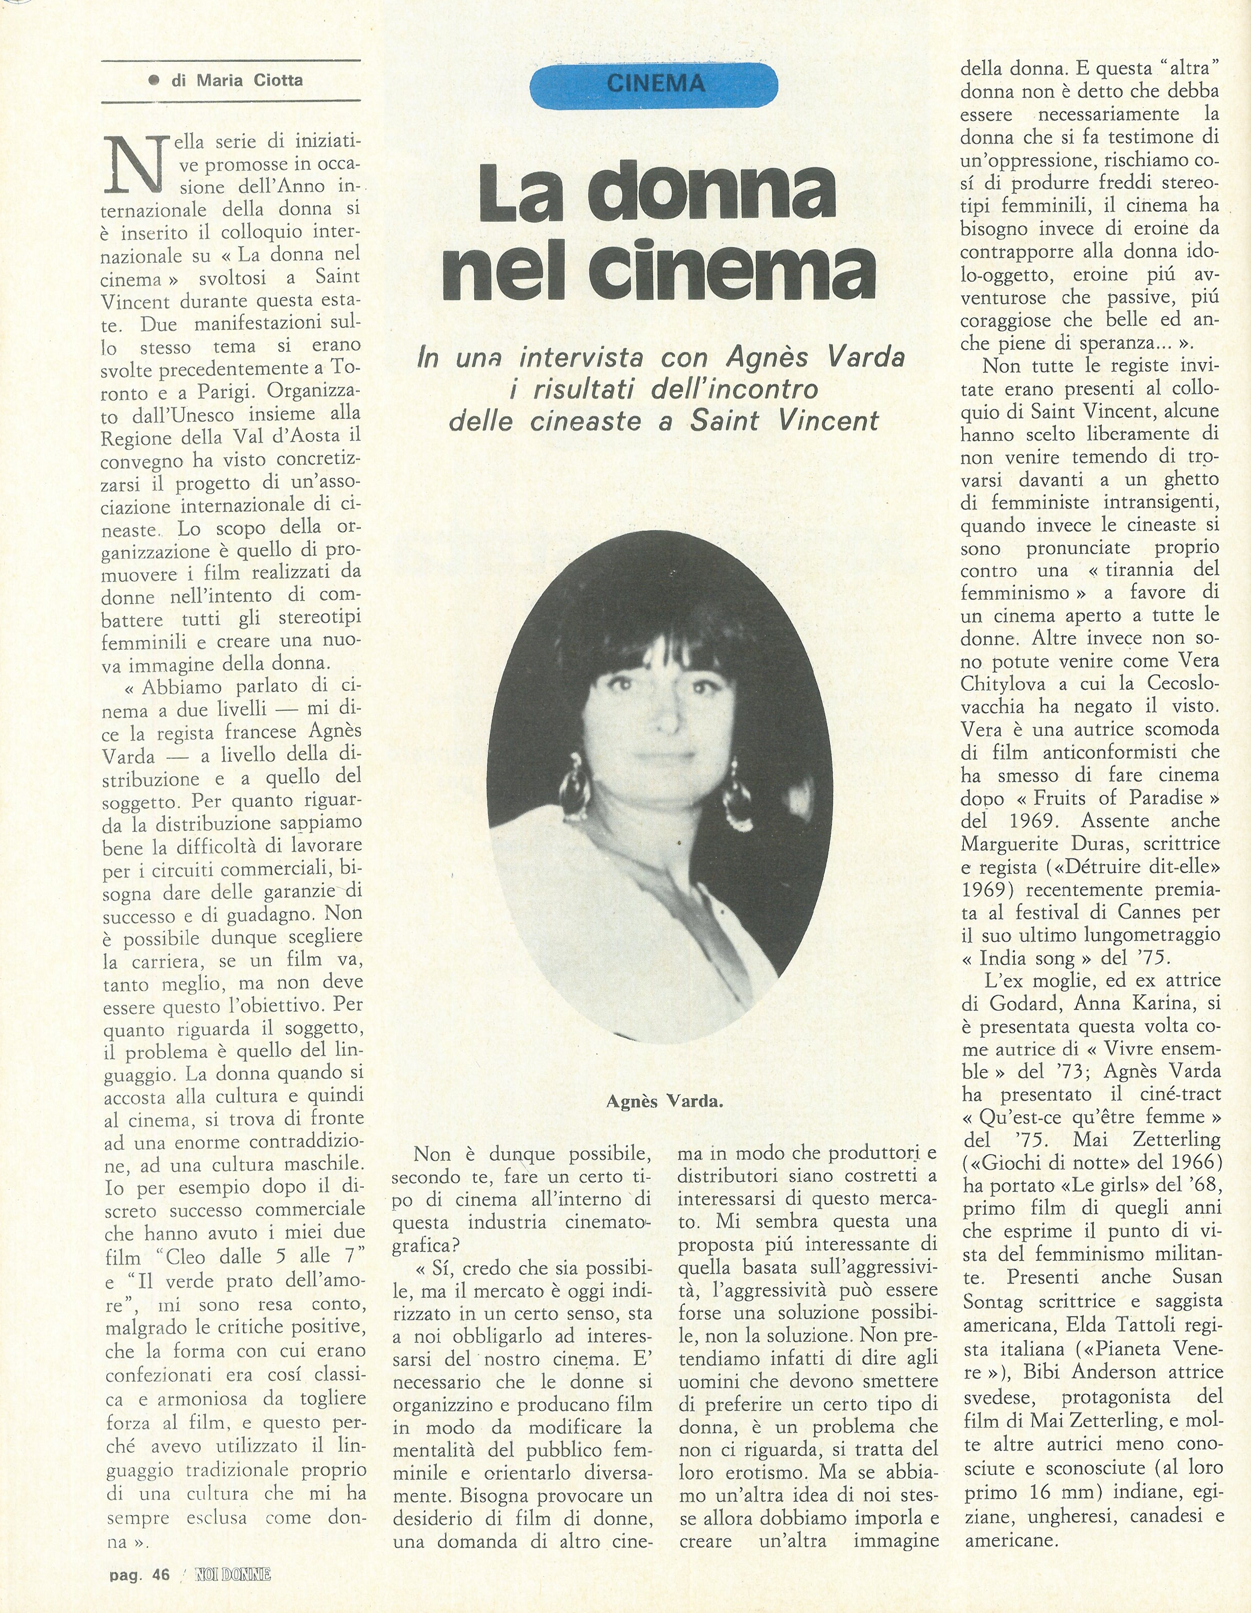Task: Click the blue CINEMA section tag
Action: click(x=654, y=84)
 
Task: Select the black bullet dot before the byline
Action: click(x=154, y=80)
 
